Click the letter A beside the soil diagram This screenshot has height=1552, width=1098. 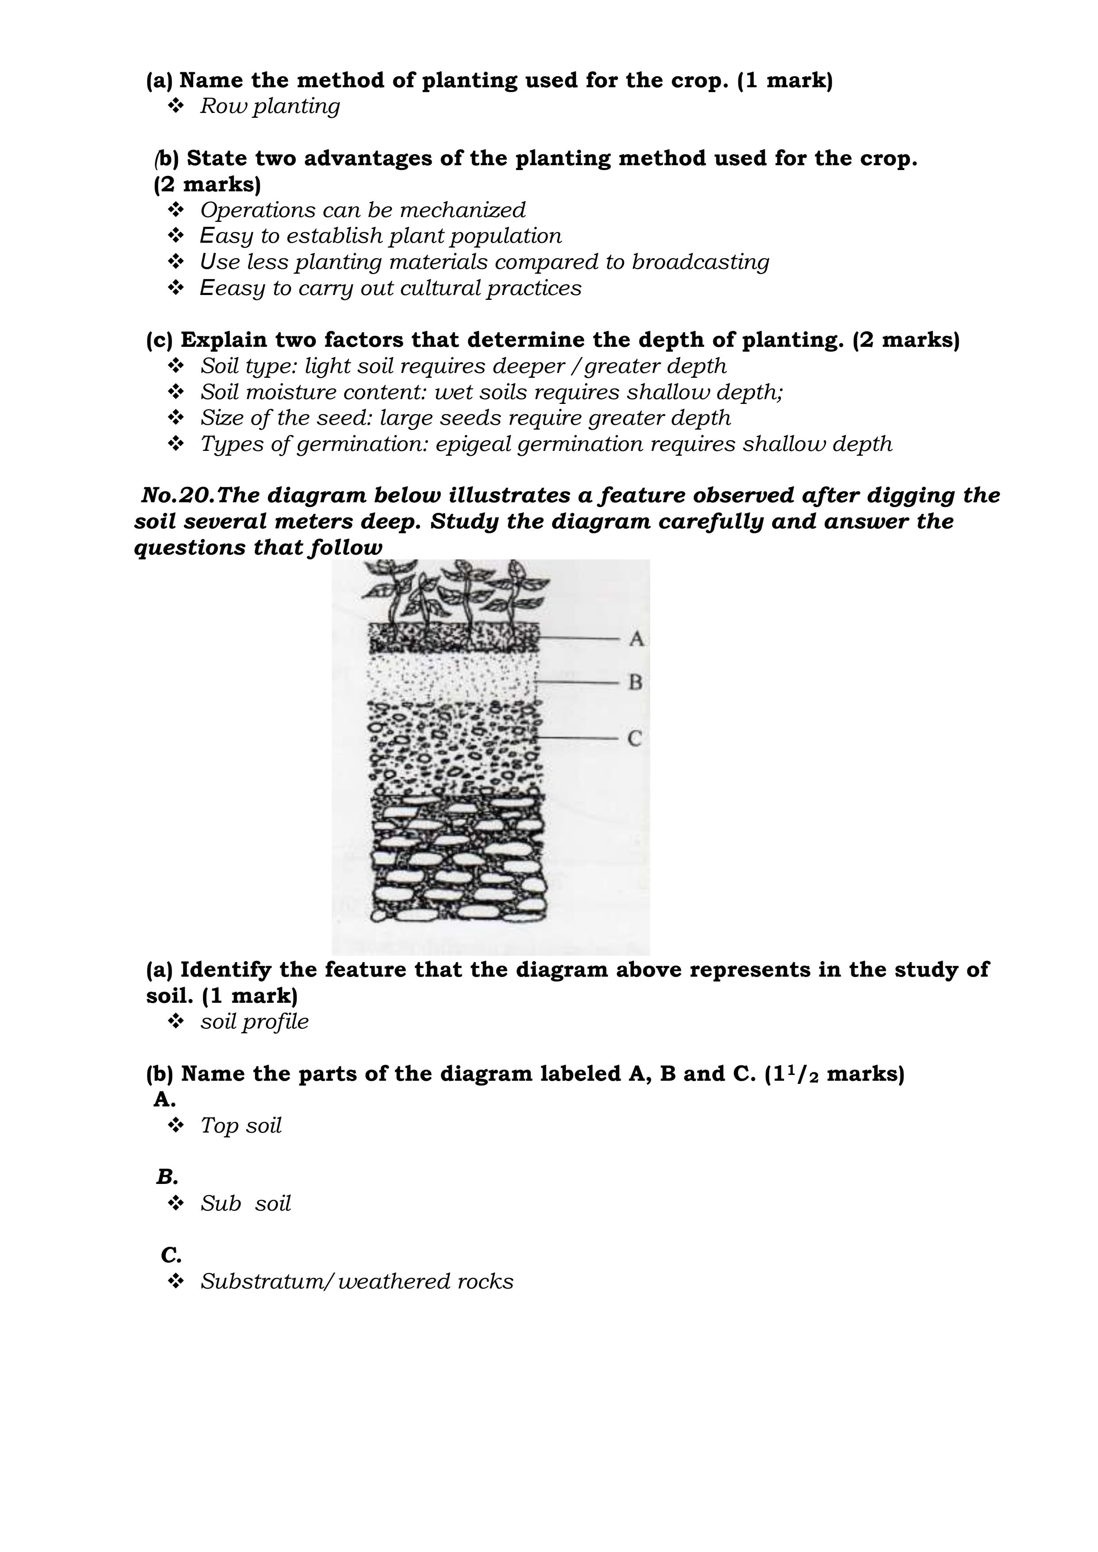tap(636, 639)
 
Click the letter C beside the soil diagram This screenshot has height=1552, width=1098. tap(634, 739)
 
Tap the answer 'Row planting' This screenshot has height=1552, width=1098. tap(270, 107)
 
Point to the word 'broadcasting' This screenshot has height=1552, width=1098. tap(700, 262)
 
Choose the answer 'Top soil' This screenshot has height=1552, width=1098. tap(241, 1125)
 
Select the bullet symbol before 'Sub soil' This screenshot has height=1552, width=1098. tap(176, 1203)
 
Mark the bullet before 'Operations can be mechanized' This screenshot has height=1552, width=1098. tap(176, 210)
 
